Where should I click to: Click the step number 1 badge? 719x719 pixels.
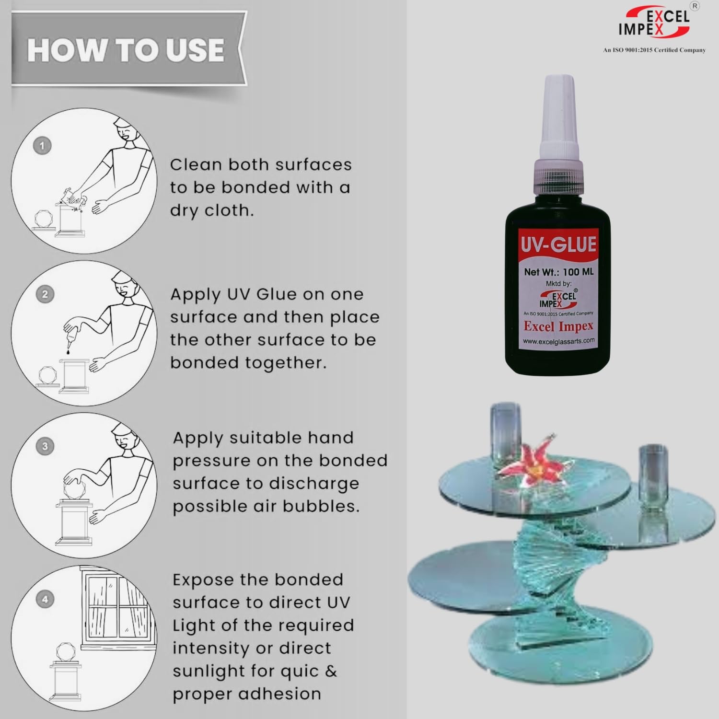(42, 146)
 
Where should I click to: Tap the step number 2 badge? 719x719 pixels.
(45, 294)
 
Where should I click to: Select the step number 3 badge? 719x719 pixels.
(45, 446)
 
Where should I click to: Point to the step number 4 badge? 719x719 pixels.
(45, 599)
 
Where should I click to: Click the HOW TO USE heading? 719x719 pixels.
(126, 50)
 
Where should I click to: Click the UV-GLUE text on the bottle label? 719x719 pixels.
(558, 245)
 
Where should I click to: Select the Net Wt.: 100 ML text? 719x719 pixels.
(558, 272)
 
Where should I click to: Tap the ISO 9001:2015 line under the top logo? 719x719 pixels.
(654, 50)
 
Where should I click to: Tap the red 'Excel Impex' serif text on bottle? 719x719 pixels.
(558, 326)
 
